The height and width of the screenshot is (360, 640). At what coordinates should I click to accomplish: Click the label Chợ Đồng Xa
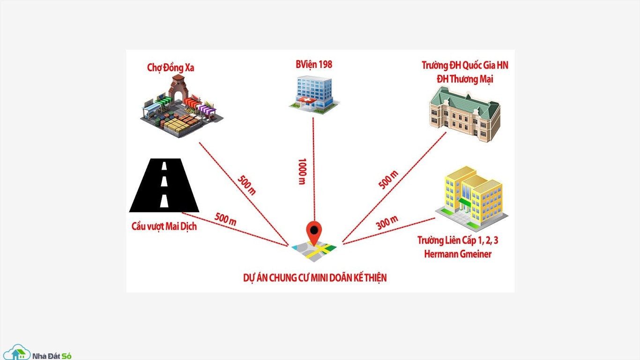(171, 68)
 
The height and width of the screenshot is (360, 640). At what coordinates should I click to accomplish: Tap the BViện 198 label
(314, 65)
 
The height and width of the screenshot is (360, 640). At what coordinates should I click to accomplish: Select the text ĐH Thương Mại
(465, 79)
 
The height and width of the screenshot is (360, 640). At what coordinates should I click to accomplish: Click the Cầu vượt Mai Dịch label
(164, 226)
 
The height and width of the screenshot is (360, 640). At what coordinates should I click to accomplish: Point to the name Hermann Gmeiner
(458, 254)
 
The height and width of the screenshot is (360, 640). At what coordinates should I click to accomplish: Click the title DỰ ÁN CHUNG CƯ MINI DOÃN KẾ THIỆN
(315, 278)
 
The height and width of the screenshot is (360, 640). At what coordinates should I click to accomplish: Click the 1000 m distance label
(302, 172)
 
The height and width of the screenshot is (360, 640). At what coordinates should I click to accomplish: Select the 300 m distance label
(387, 223)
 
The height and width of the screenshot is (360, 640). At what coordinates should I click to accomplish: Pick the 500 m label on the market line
(247, 185)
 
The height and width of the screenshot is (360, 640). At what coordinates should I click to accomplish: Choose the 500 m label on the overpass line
(225, 219)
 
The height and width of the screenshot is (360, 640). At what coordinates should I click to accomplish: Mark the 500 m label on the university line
(388, 180)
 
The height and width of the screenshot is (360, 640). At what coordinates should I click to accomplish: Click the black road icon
(164, 185)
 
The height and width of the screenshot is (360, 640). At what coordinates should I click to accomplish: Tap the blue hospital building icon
(314, 95)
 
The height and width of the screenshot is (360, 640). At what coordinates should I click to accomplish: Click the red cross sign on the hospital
(306, 100)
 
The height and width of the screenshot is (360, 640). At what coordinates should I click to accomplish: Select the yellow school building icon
(471, 199)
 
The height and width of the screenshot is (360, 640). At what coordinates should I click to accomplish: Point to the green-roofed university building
(465, 114)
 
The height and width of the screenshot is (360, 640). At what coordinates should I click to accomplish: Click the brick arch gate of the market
(178, 88)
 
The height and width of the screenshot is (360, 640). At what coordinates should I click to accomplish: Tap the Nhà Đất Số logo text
(52, 356)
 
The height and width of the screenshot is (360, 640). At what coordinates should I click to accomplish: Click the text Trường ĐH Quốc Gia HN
(465, 65)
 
